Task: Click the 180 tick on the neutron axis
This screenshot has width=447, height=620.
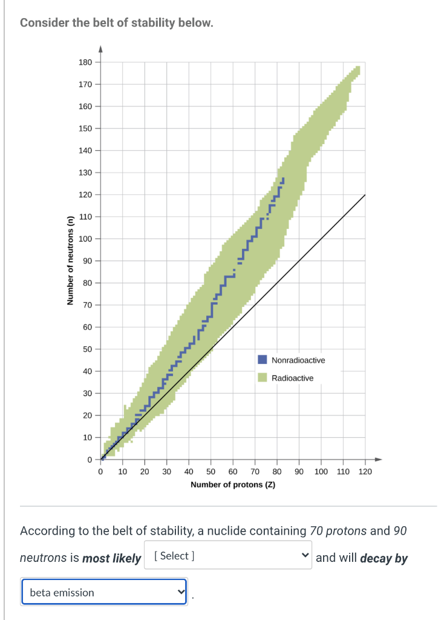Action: pyautogui.click(x=85, y=62)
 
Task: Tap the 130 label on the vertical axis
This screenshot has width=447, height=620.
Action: pyautogui.click(x=85, y=173)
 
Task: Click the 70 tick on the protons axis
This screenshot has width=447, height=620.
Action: pyautogui.click(x=255, y=471)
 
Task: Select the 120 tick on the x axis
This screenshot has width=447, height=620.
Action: pyautogui.click(x=365, y=471)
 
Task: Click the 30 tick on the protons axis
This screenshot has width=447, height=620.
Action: pyautogui.click(x=166, y=471)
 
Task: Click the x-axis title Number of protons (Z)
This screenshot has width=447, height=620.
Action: pyautogui.click(x=233, y=485)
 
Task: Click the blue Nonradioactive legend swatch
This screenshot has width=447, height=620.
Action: pyautogui.click(x=263, y=360)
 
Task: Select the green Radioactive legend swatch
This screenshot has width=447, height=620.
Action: pyautogui.click(x=263, y=378)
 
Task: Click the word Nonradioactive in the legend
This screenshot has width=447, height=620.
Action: pyautogui.click(x=298, y=360)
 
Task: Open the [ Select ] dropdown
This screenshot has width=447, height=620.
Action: pyautogui.click(x=227, y=555)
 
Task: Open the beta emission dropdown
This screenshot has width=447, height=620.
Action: pyautogui.click(x=105, y=593)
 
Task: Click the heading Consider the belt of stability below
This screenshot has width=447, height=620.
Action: pyautogui.click(x=116, y=23)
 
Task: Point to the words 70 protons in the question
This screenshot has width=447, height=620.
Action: pyautogui.click(x=338, y=531)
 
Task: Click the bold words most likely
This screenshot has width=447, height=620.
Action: pyautogui.click(x=111, y=558)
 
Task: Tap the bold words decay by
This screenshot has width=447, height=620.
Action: pyautogui.click(x=383, y=558)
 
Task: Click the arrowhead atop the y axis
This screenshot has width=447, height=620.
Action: pyautogui.click(x=100, y=49)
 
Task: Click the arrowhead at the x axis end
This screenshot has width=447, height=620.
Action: pyautogui.click(x=377, y=459)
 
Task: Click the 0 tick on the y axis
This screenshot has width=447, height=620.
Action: pyautogui.click(x=88, y=459)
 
